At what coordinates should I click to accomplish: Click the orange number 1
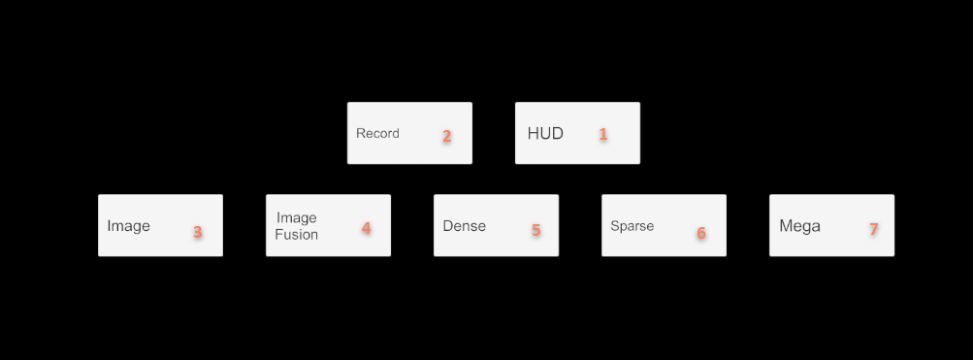(602, 134)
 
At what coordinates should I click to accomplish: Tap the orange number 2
(447, 136)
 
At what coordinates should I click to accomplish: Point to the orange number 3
(197, 232)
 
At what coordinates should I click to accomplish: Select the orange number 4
(366, 228)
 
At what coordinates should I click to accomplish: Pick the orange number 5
(535, 230)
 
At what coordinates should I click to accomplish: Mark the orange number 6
(701, 233)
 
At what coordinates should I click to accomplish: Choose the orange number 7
(873, 229)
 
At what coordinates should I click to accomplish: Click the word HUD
(545, 133)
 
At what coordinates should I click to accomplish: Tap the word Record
(377, 133)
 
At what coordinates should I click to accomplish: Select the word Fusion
(296, 234)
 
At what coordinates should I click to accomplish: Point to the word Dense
(464, 226)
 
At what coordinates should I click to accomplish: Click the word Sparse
(632, 226)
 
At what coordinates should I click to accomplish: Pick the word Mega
(799, 226)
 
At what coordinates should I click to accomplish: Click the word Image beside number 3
(128, 226)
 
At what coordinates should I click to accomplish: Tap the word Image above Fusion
(297, 217)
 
